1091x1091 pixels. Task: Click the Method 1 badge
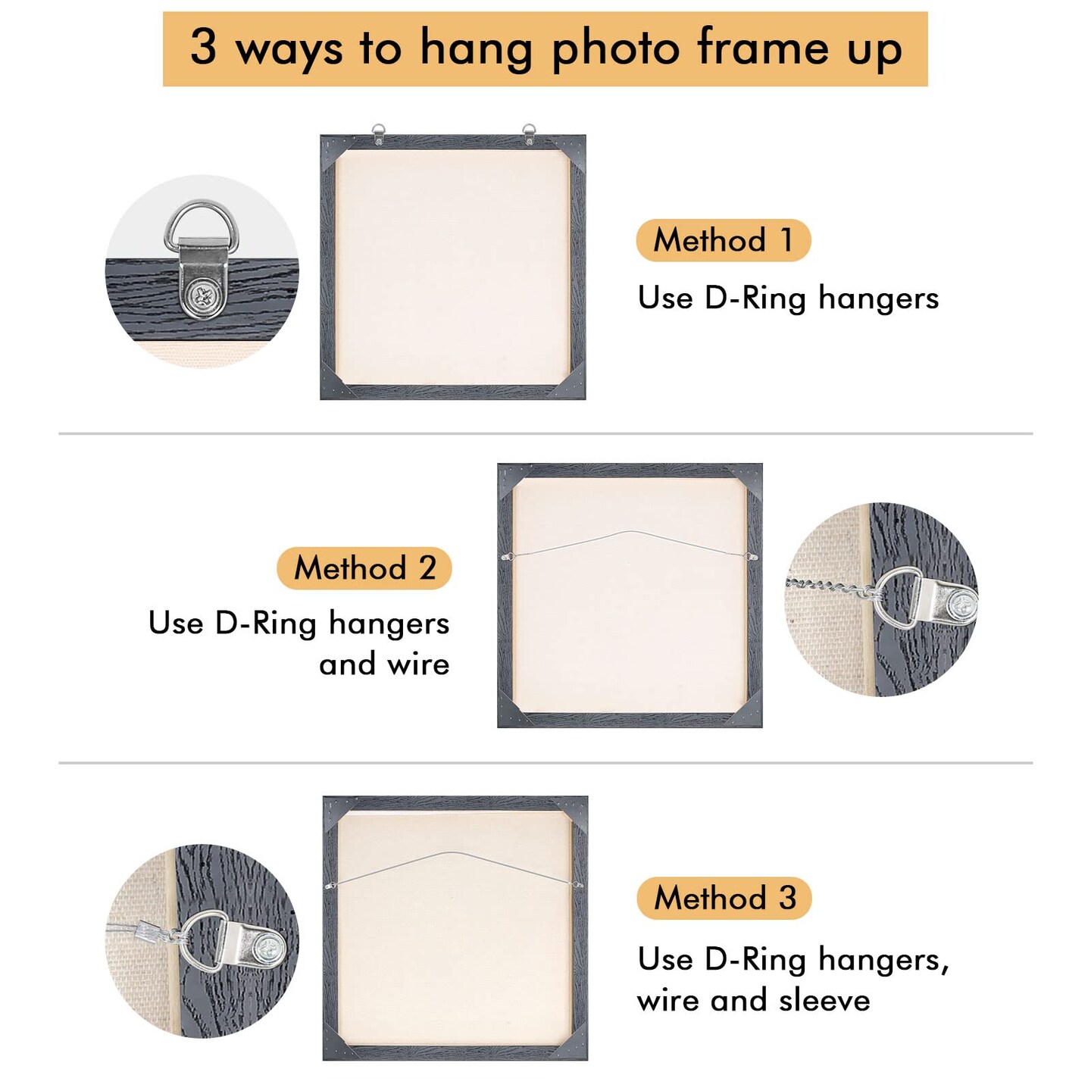(x=723, y=240)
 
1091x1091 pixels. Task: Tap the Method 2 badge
(x=364, y=568)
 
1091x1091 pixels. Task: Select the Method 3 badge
(x=724, y=898)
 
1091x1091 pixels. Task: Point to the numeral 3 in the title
(x=203, y=46)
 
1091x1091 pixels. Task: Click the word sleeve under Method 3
(x=824, y=1000)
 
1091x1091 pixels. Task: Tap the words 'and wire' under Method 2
(x=384, y=664)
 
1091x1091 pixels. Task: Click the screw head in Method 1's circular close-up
(x=202, y=297)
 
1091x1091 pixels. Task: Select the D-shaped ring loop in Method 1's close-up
(x=193, y=221)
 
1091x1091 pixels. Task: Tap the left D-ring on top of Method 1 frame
(x=378, y=133)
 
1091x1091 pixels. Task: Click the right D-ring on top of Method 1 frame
(x=529, y=133)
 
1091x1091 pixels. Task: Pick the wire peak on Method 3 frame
(x=452, y=853)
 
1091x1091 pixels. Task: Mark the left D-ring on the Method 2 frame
(x=506, y=558)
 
